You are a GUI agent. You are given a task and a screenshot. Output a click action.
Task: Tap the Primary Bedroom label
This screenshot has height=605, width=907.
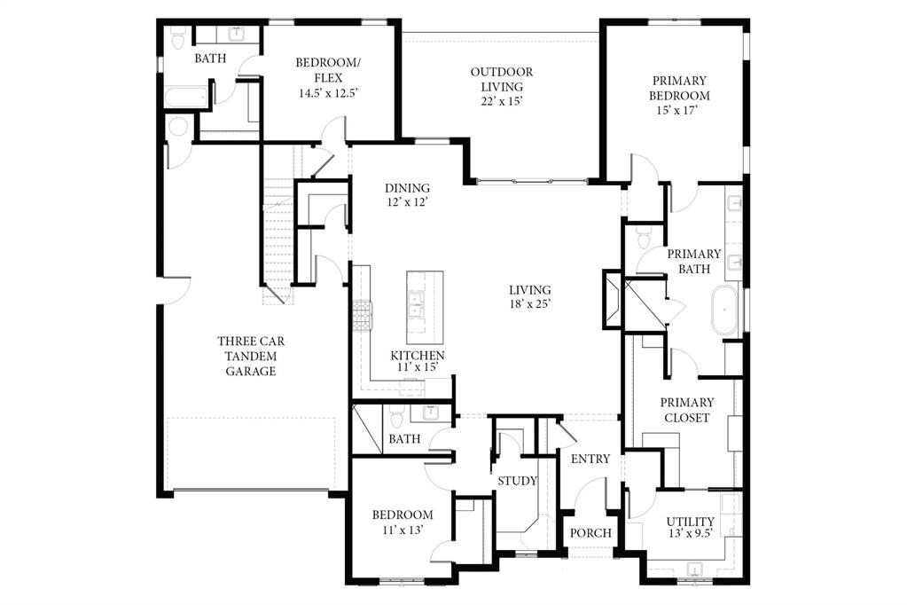(x=678, y=88)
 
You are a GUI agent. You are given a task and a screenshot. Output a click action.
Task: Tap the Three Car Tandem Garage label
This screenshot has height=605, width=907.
(x=250, y=356)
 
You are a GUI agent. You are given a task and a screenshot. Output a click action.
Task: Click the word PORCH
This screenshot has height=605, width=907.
(x=590, y=533)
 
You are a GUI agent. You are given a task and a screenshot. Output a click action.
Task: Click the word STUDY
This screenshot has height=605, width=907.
(x=517, y=482)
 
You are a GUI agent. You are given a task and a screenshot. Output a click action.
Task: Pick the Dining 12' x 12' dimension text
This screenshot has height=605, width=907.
(x=407, y=203)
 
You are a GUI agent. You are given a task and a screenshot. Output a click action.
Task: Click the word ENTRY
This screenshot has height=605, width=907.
(x=590, y=459)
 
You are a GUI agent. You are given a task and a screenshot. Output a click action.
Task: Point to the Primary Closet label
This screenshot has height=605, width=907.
(x=687, y=410)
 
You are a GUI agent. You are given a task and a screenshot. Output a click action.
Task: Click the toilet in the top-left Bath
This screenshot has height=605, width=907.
(x=176, y=39)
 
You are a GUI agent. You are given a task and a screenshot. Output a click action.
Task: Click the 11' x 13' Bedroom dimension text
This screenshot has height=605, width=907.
(x=403, y=530)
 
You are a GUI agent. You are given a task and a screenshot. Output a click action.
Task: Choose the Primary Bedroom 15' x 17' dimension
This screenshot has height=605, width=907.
(x=679, y=111)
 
